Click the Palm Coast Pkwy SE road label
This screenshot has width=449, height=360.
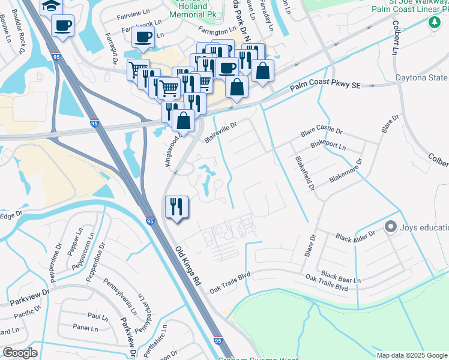pyautogui.click(x=325, y=86)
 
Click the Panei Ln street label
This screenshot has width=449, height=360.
pyautogui.click(x=85, y=328)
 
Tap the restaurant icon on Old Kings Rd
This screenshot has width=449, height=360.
pyautogui.click(x=176, y=207)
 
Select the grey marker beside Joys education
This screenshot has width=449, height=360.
pyautogui.click(x=391, y=227)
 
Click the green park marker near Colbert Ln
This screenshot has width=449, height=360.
pyautogui.click(x=433, y=22)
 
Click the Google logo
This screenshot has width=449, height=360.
pyautogui.click(x=20, y=353)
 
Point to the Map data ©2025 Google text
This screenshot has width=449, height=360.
pyautogui.click(x=412, y=355)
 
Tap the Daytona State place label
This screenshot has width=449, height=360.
pyautogui.click(x=421, y=78)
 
